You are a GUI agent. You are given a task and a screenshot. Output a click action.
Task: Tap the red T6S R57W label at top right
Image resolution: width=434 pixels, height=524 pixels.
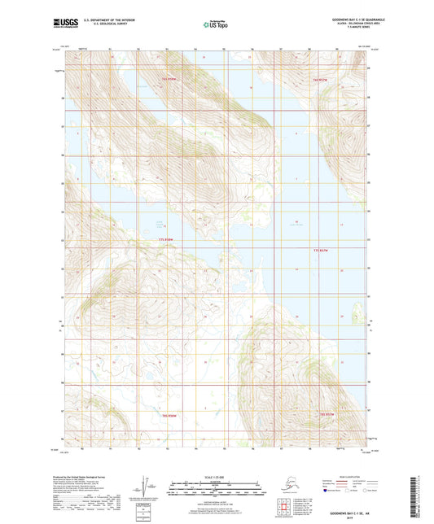319,80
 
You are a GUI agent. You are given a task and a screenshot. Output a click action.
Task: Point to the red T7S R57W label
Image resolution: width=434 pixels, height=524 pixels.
319,250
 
